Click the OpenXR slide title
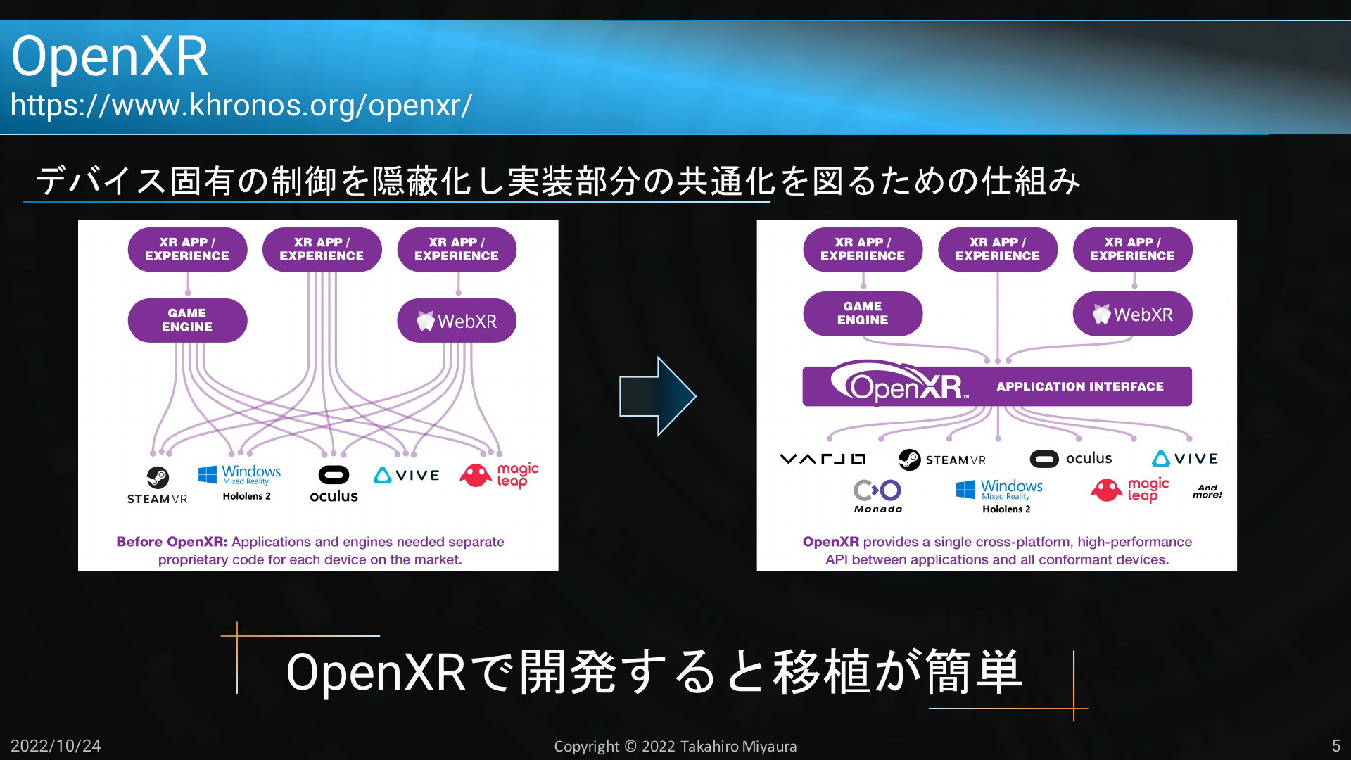tap(110, 56)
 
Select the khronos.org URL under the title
tap(241, 106)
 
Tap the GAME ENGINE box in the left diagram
tap(187, 320)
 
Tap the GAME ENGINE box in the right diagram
tap(863, 313)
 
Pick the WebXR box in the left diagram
tap(457, 321)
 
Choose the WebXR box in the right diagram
tap(1132, 314)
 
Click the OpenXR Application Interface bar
tap(997, 386)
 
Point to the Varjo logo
tap(823, 459)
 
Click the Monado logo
tap(877, 496)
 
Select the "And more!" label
tap(1207, 491)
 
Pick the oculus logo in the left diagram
tap(334, 484)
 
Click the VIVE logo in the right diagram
tap(1185, 459)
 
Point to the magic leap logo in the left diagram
tap(499, 475)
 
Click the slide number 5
tap(1336, 746)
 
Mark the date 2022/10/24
tap(56, 746)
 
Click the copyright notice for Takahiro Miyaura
tap(675, 746)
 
